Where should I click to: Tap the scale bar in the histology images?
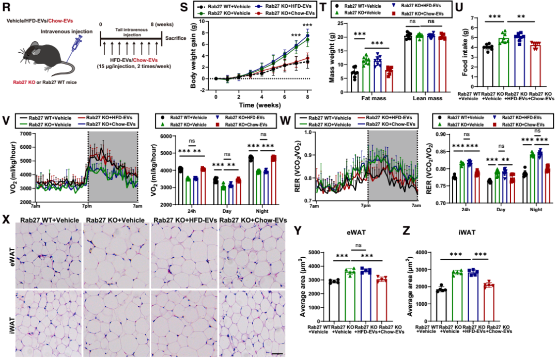click(x=276, y=354)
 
